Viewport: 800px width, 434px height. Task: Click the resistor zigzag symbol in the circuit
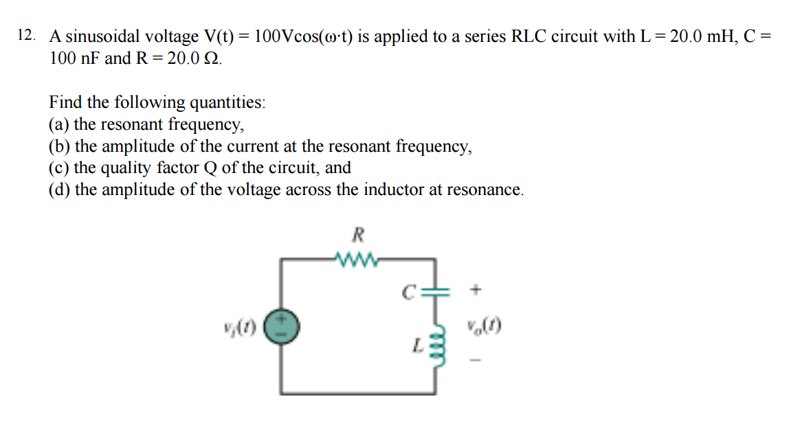(356, 260)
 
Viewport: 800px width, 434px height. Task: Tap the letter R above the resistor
(357, 236)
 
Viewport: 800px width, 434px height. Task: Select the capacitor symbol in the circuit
(435, 291)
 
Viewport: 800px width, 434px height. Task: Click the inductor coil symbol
(436, 340)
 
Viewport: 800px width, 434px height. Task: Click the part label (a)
(59, 124)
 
